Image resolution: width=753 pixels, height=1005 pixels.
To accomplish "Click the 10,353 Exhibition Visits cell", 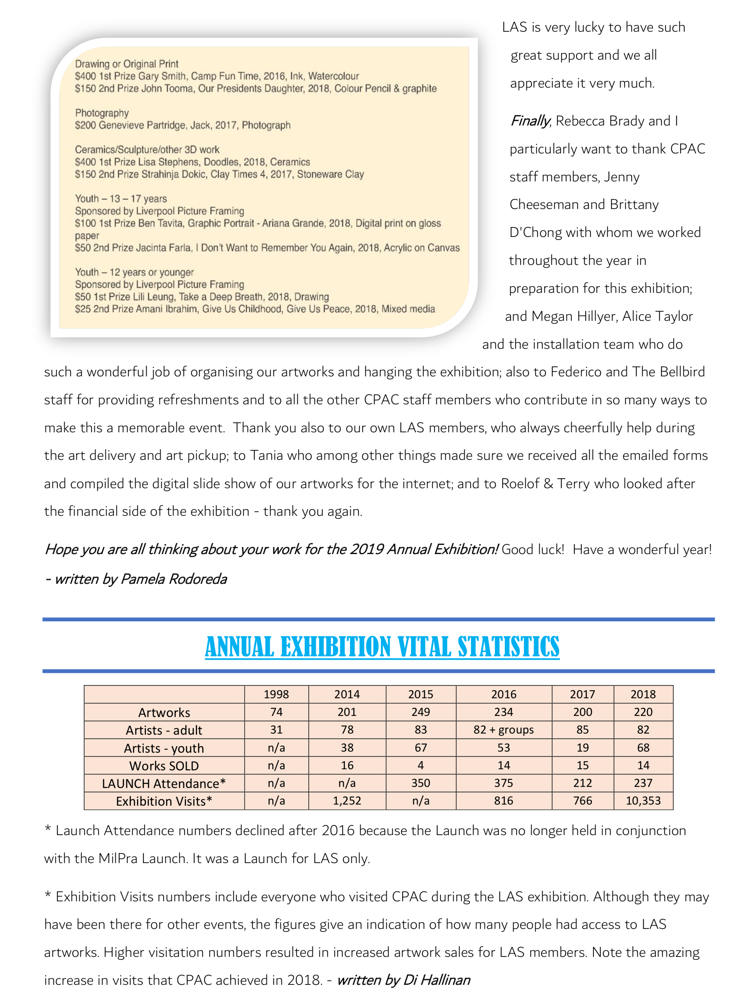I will pyautogui.click(x=643, y=800).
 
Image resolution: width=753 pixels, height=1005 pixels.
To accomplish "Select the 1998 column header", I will pyautogui.click(x=276, y=694).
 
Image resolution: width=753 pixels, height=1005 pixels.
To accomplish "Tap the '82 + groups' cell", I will pyautogui.click(x=503, y=730).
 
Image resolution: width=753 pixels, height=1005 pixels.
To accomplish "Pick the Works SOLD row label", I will pyautogui.click(x=164, y=766).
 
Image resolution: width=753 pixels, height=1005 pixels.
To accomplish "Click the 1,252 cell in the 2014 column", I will pyautogui.click(x=347, y=800).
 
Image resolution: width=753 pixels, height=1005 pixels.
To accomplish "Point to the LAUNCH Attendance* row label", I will pyautogui.click(x=164, y=783).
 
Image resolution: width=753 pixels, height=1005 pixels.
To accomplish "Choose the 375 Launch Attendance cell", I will pyautogui.click(x=503, y=783).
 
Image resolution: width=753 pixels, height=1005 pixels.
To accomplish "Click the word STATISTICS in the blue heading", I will pyautogui.click(x=508, y=647).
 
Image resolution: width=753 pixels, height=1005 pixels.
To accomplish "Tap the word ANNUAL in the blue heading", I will pyautogui.click(x=239, y=647).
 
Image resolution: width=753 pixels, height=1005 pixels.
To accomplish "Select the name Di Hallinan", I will pyautogui.click(x=436, y=980).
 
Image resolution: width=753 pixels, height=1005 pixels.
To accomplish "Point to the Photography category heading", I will pyautogui.click(x=102, y=113).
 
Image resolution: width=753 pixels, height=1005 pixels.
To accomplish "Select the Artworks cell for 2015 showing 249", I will pyautogui.click(x=421, y=712).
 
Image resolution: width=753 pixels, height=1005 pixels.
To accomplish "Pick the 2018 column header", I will pyautogui.click(x=643, y=694).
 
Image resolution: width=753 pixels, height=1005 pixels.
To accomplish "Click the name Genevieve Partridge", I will pyautogui.click(x=142, y=125).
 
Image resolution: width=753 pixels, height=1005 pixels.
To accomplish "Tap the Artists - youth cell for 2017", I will pyautogui.click(x=582, y=747).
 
